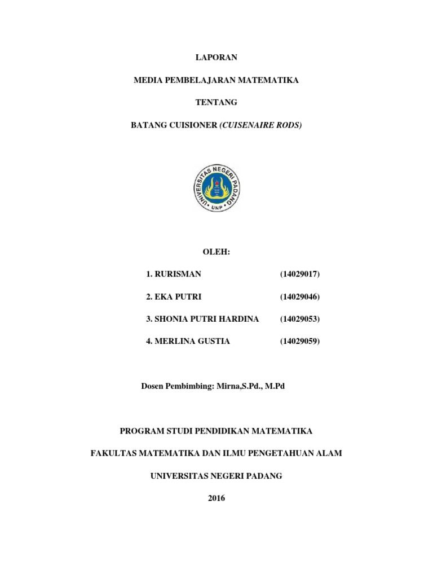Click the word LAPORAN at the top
pyautogui.click(x=216, y=57)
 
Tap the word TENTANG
pyautogui.click(x=216, y=103)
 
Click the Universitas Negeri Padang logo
pyautogui.click(x=216, y=187)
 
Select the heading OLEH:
pyautogui.click(x=216, y=251)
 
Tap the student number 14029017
pyautogui.click(x=300, y=274)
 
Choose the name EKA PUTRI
pyautogui.click(x=174, y=296)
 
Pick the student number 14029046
pyautogui.click(x=300, y=296)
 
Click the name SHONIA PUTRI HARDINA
pyautogui.click(x=206, y=319)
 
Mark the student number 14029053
pyautogui.click(x=300, y=319)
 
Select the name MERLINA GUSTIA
pyautogui.click(x=192, y=341)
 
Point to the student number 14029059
pyautogui.click(x=300, y=341)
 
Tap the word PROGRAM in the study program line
pyautogui.click(x=141, y=431)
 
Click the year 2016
pyautogui.click(x=216, y=498)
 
